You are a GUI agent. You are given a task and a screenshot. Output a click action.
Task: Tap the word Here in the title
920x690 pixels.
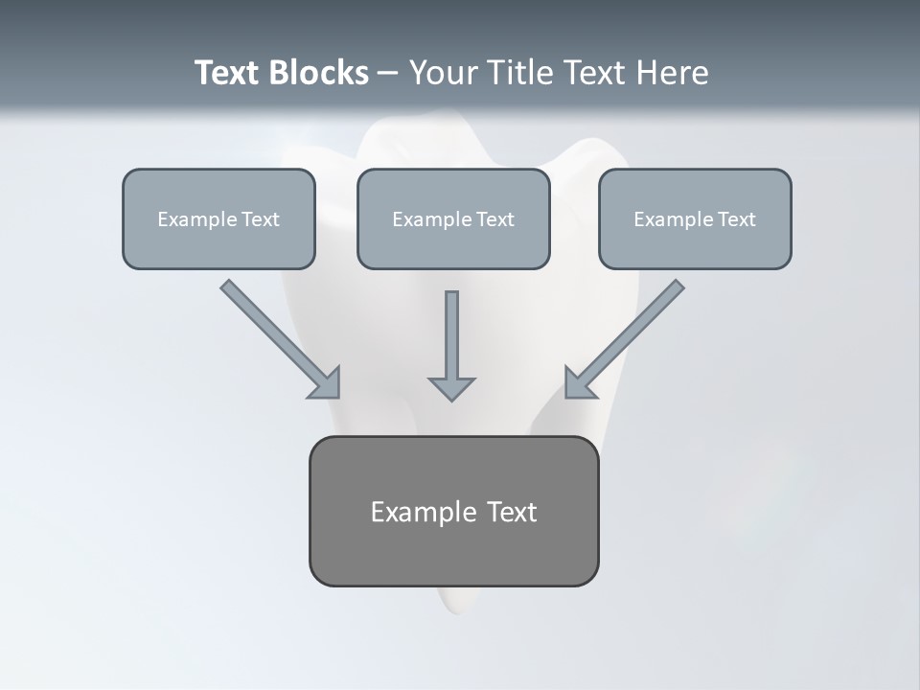[x=674, y=73]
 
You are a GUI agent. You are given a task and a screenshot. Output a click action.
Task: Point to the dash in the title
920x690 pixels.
[x=388, y=74]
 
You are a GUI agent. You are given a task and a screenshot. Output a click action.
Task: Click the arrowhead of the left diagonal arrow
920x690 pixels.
[x=326, y=383]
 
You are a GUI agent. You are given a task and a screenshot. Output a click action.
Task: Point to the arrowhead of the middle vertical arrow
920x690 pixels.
[x=451, y=388]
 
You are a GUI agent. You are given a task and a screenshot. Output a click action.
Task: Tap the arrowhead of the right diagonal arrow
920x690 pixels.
[x=578, y=383]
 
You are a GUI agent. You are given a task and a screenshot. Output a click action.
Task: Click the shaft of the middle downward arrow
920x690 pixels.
[x=451, y=331]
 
